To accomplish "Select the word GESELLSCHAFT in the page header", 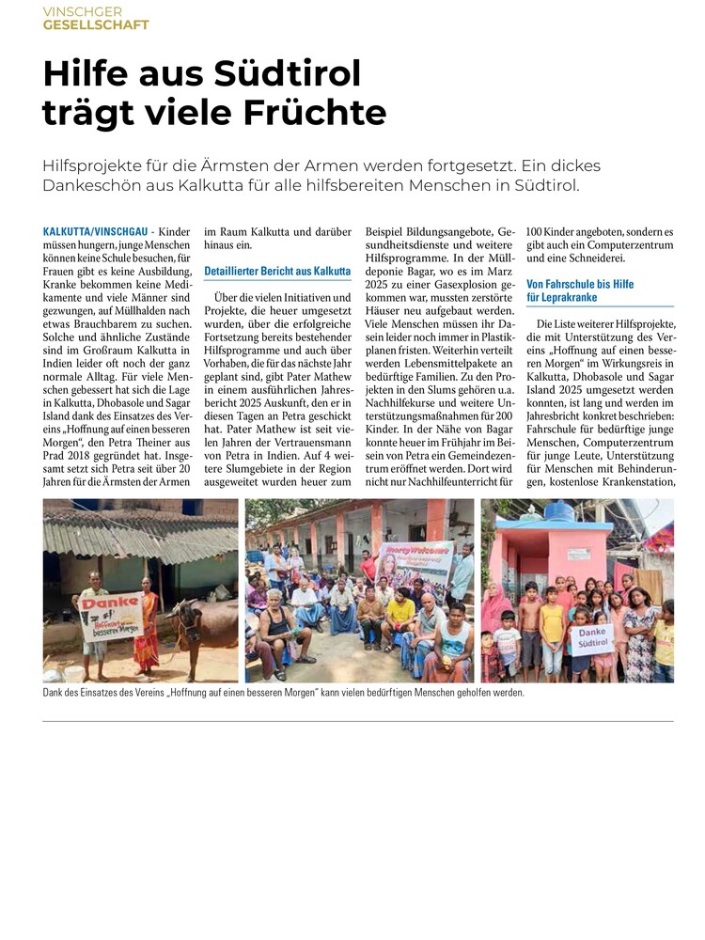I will pos(96,24).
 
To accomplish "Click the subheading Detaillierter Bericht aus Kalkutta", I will pos(277,271).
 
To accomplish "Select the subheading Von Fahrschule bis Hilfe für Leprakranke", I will pos(580,290).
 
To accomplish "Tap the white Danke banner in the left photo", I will pos(111,615).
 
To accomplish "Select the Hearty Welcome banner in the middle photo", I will pos(414,563).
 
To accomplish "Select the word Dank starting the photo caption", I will pos(55,694).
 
